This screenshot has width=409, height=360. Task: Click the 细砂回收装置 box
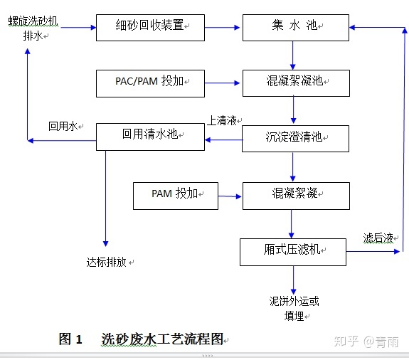(x=149, y=26)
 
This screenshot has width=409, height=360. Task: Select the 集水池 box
(x=296, y=26)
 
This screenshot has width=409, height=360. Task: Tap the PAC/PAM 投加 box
(x=150, y=83)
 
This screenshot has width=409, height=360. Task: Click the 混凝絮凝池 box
(x=296, y=83)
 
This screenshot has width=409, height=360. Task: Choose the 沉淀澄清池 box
(x=296, y=138)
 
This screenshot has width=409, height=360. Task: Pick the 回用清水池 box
(x=150, y=136)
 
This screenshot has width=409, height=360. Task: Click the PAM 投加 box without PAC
(x=175, y=194)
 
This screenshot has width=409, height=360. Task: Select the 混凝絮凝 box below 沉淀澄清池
(x=296, y=195)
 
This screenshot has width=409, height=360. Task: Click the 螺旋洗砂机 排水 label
(x=33, y=28)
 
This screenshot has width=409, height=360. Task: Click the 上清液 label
(x=223, y=121)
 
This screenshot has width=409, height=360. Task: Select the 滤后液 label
(x=379, y=238)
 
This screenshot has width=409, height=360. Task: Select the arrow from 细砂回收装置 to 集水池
(x=223, y=28)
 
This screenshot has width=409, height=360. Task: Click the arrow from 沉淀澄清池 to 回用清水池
(x=223, y=139)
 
